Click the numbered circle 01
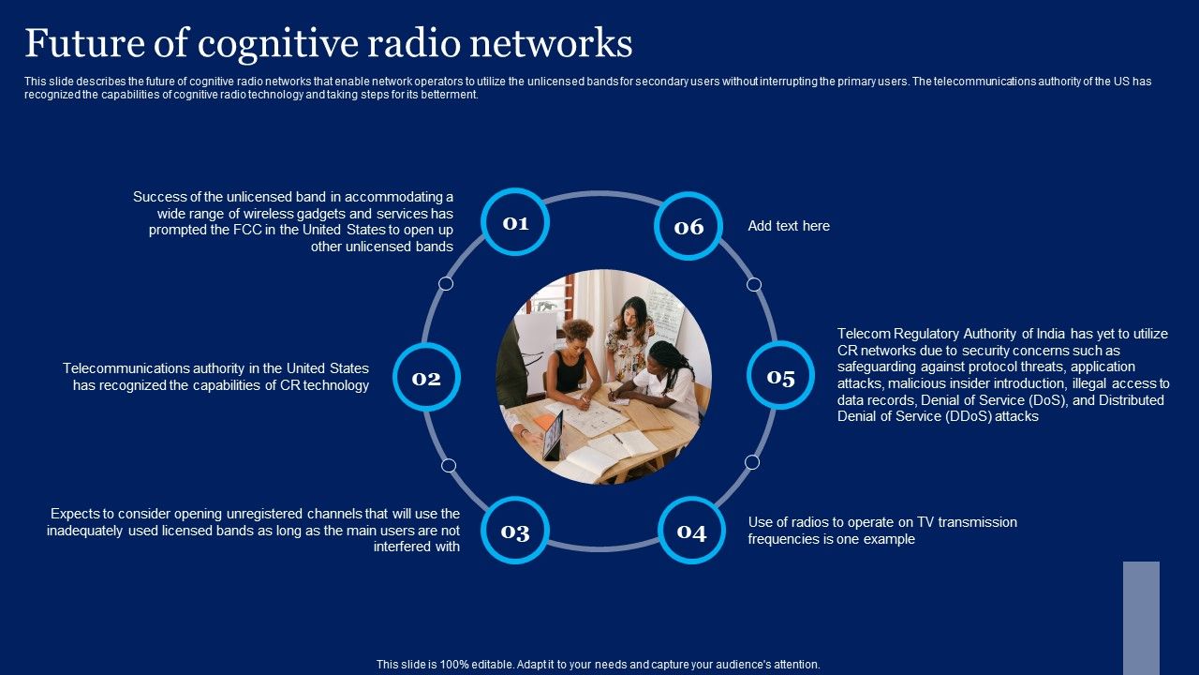[515, 222]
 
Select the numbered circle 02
[426, 378]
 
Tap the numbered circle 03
[515, 532]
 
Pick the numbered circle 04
[691, 532]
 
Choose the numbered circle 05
[780, 377]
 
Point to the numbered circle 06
[688, 226]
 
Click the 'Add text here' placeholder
[789, 226]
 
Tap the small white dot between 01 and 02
[446, 283]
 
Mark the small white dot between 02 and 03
[449, 465]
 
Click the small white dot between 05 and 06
[754, 284]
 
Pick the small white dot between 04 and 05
[752, 462]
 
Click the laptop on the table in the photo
[553, 433]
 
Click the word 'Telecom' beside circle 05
[862, 334]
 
